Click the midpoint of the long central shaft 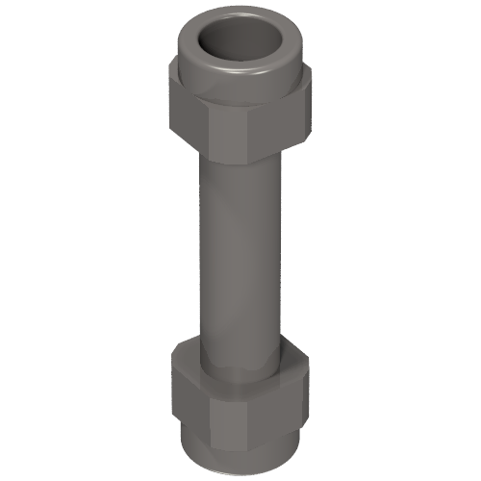[243, 250]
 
